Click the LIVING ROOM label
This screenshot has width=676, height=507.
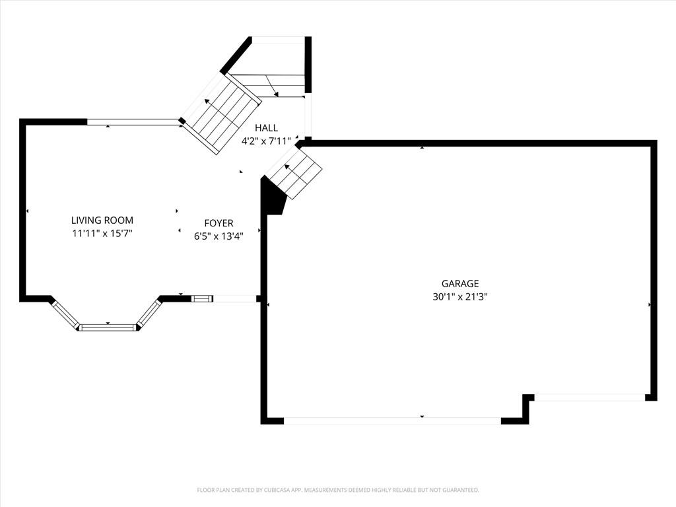click(x=102, y=220)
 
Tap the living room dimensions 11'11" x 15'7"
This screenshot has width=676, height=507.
click(x=102, y=234)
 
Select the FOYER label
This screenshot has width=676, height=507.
click(x=219, y=223)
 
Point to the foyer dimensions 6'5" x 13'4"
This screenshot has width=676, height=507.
click(x=219, y=236)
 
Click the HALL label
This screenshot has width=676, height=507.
click(x=267, y=127)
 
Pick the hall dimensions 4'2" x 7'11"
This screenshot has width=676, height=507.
click(x=267, y=141)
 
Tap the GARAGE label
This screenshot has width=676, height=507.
click(x=460, y=283)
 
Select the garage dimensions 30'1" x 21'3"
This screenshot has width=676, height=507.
click(x=460, y=296)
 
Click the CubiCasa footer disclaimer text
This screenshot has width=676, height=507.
click(x=338, y=490)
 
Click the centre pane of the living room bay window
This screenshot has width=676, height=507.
click(x=108, y=327)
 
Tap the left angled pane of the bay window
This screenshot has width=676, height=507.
click(x=65, y=314)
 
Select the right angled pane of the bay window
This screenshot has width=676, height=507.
click(x=149, y=314)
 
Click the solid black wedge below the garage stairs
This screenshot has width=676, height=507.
click(x=273, y=196)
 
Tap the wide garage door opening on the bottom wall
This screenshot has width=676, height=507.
click(x=392, y=421)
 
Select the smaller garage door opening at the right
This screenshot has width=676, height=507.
click(x=590, y=397)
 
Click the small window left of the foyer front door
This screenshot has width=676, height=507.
click(x=202, y=298)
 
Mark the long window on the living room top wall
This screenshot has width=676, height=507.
click(x=133, y=122)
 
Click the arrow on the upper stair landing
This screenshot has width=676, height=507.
click(x=272, y=86)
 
